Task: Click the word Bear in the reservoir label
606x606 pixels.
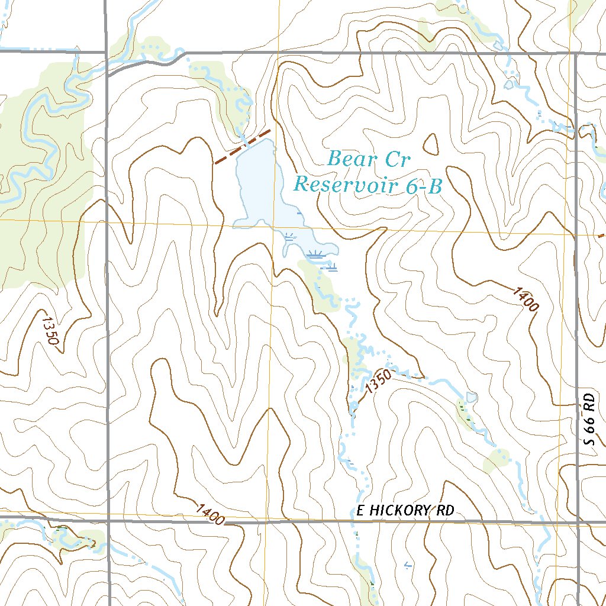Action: (351, 159)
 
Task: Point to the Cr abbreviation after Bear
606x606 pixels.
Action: (397, 159)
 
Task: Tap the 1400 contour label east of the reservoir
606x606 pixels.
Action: (526, 299)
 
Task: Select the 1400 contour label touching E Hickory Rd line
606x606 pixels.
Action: (210, 514)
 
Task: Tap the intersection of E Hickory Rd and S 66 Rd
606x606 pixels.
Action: (578, 522)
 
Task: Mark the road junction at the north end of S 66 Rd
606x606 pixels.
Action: (576, 54)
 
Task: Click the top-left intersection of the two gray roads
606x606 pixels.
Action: (107, 52)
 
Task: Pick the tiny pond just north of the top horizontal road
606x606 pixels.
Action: (499, 45)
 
